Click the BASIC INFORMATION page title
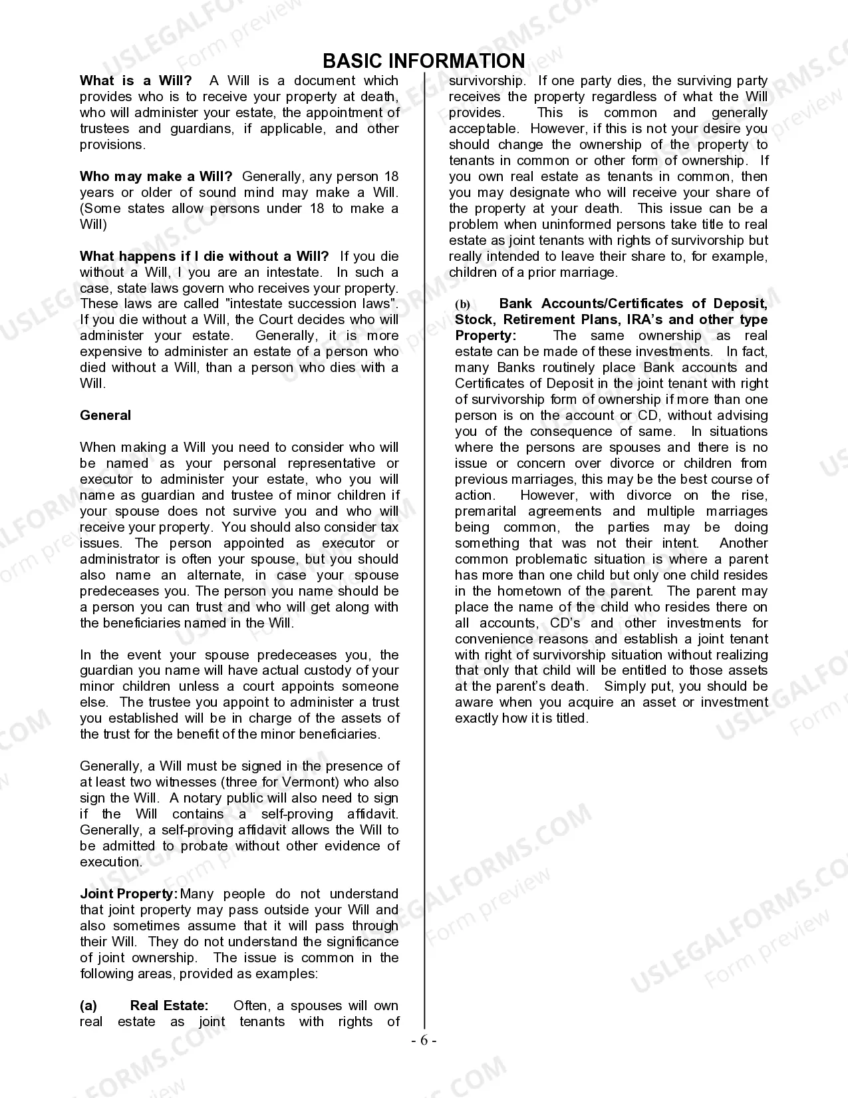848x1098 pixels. tap(424, 61)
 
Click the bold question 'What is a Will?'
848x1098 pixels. tap(136, 81)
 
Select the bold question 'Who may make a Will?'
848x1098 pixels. tap(156, 176)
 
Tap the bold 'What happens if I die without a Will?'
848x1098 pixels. tap(204, 256)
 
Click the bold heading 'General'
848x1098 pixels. tap(105, 415)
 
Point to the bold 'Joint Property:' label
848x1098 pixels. tap(128, 894)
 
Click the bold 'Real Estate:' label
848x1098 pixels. tap(169, 1006)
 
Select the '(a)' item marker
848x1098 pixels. tap(88, 1006)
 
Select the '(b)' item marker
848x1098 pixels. tap(462, 304)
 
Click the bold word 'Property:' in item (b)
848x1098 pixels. tap(485, 336)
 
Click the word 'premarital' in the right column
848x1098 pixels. tap(485, 511)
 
